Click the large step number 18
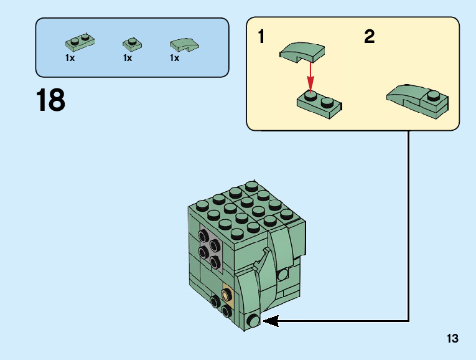click(50, 101)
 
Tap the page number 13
click(452, 339)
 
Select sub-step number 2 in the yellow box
click(370, 37)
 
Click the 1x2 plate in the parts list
click(80, 42)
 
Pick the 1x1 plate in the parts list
click(132, 44)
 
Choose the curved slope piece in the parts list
click(185, 44)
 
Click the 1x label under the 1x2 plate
click(70, 58)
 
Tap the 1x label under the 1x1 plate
click(128, 58)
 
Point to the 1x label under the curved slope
click(174, 58)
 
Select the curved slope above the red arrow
click(302, 52)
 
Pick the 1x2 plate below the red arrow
click(319, 103)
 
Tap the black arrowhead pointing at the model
click(269, 321)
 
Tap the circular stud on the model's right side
click(283, 274)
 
